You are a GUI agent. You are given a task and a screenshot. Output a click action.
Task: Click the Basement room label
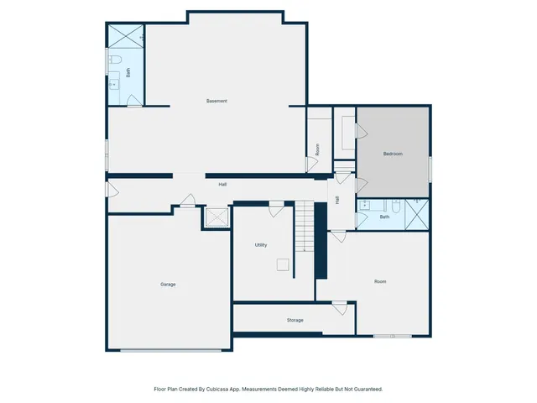tap(216, 102)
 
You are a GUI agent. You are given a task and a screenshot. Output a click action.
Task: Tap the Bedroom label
tap(393, 154)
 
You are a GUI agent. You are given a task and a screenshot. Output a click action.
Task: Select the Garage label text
tap(168, 285)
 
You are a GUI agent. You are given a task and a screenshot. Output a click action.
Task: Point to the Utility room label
tap(261, 245)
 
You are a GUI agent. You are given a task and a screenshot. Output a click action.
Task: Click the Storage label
tap(295, 320)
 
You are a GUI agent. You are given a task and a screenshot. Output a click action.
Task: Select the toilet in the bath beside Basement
tap(116, 60)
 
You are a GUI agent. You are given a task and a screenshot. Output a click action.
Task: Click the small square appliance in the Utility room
tap(283, 264)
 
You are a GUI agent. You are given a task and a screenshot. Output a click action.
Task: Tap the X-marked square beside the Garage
tap(216, 217)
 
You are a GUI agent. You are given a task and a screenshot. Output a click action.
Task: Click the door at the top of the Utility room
tap(276, 204)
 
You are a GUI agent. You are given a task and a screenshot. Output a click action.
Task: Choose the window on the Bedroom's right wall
tap(430, 168)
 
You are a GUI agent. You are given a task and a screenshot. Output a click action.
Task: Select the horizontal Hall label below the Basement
tap(222, 185)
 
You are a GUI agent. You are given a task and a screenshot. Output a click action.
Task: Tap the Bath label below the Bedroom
tap(384, 217)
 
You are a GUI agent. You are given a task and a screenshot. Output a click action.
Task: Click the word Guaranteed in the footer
tap(366, 390)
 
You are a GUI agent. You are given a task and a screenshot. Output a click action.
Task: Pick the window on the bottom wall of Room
tap(392, 336)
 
